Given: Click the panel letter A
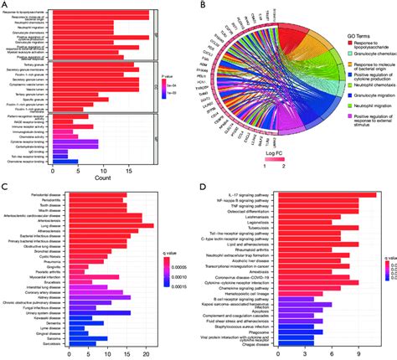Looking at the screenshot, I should coord(5,6).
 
